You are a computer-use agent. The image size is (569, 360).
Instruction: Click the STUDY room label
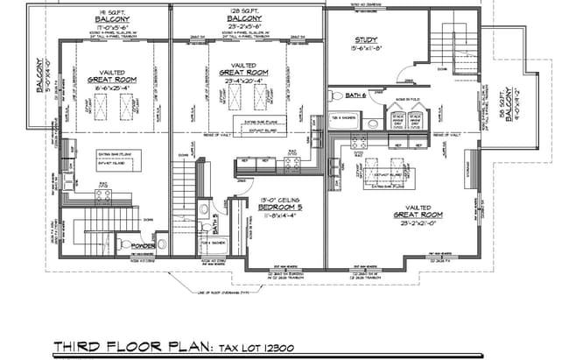pos(366,39)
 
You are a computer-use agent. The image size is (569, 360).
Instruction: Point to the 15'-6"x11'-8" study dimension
pos(366,49)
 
